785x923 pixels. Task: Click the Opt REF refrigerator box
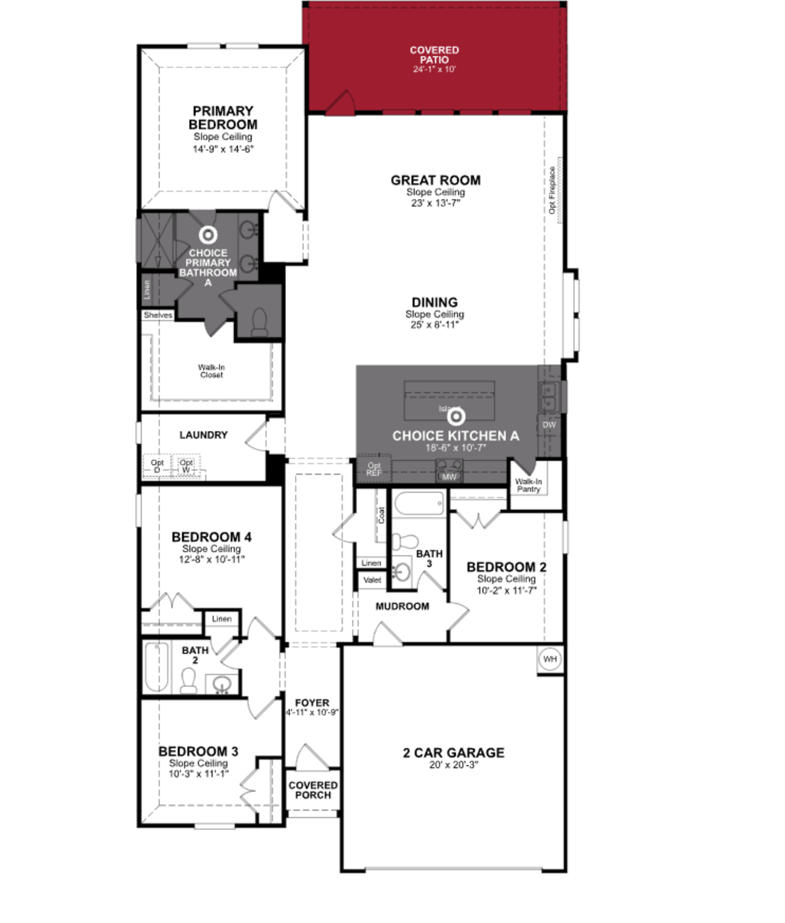click(374, 469)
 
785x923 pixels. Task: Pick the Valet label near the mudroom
click(372, 580)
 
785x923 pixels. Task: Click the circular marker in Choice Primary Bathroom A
click(208, 235)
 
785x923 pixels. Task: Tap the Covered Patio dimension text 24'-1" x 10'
click(434, 69)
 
